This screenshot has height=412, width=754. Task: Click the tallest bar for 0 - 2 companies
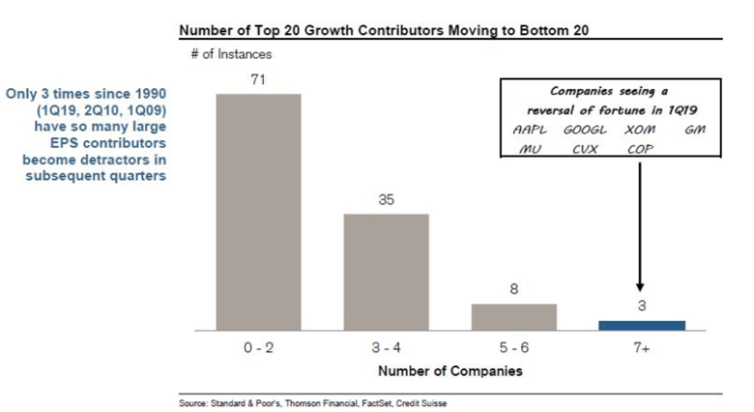pyautogui.click(x=258, y=212)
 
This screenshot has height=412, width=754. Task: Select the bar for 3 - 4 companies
pyautogui.click(x=386, y=272)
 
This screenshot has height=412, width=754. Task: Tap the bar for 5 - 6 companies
pyautogui.click(x=513, y=317)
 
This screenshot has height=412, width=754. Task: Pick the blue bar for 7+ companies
pyautogui.click(x=642, y=325)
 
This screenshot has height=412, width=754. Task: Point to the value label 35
pyautogui.click(x=386, y=200)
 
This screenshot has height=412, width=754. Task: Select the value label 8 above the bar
pyautogui.click(x=513, y=290)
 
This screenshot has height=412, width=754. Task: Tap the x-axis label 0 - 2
pyautogui.click(x=258, y=349)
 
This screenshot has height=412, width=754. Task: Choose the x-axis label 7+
pyautogui.click(x=642, y=349)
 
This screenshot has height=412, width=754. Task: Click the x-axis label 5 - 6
pyautogui.click(x=513, y=349)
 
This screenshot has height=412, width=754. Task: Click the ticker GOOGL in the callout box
pyautogui.click(x=585, y=130)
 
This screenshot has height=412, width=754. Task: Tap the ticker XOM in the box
pyautogui.click(x=639, y=130)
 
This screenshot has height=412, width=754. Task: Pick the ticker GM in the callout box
pyautogui.click(x=695, y=130)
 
